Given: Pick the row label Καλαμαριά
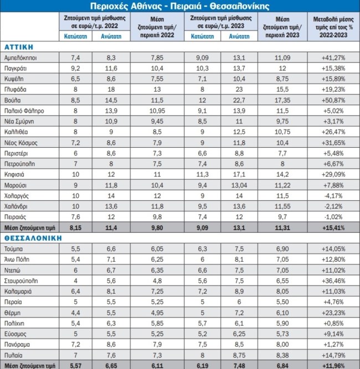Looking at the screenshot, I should [19, 289].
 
